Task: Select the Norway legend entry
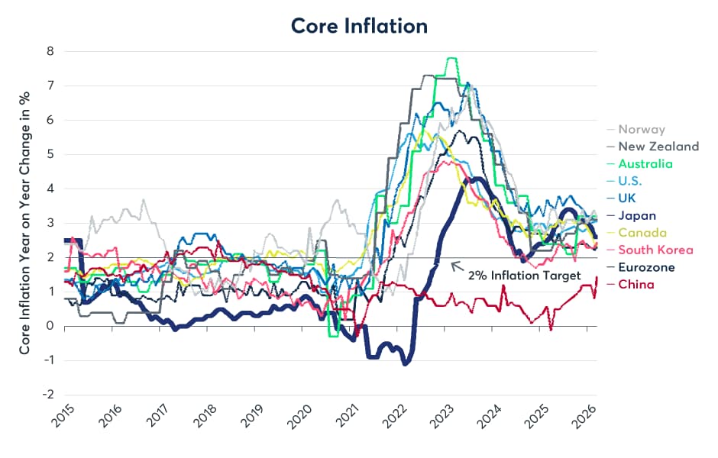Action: point(641,130)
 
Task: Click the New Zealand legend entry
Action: point(658,147)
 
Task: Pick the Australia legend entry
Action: point(645,164)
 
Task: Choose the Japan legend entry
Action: point(637,215)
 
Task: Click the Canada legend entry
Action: point(642,233)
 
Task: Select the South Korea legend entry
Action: point(655,250)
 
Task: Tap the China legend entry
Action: point(636,284)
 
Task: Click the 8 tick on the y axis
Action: point(50,52)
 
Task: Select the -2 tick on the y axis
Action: point(48,395)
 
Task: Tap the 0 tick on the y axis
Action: point(50,326)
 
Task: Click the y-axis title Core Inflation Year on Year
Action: point(24,223)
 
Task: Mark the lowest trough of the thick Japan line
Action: point(406,363)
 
